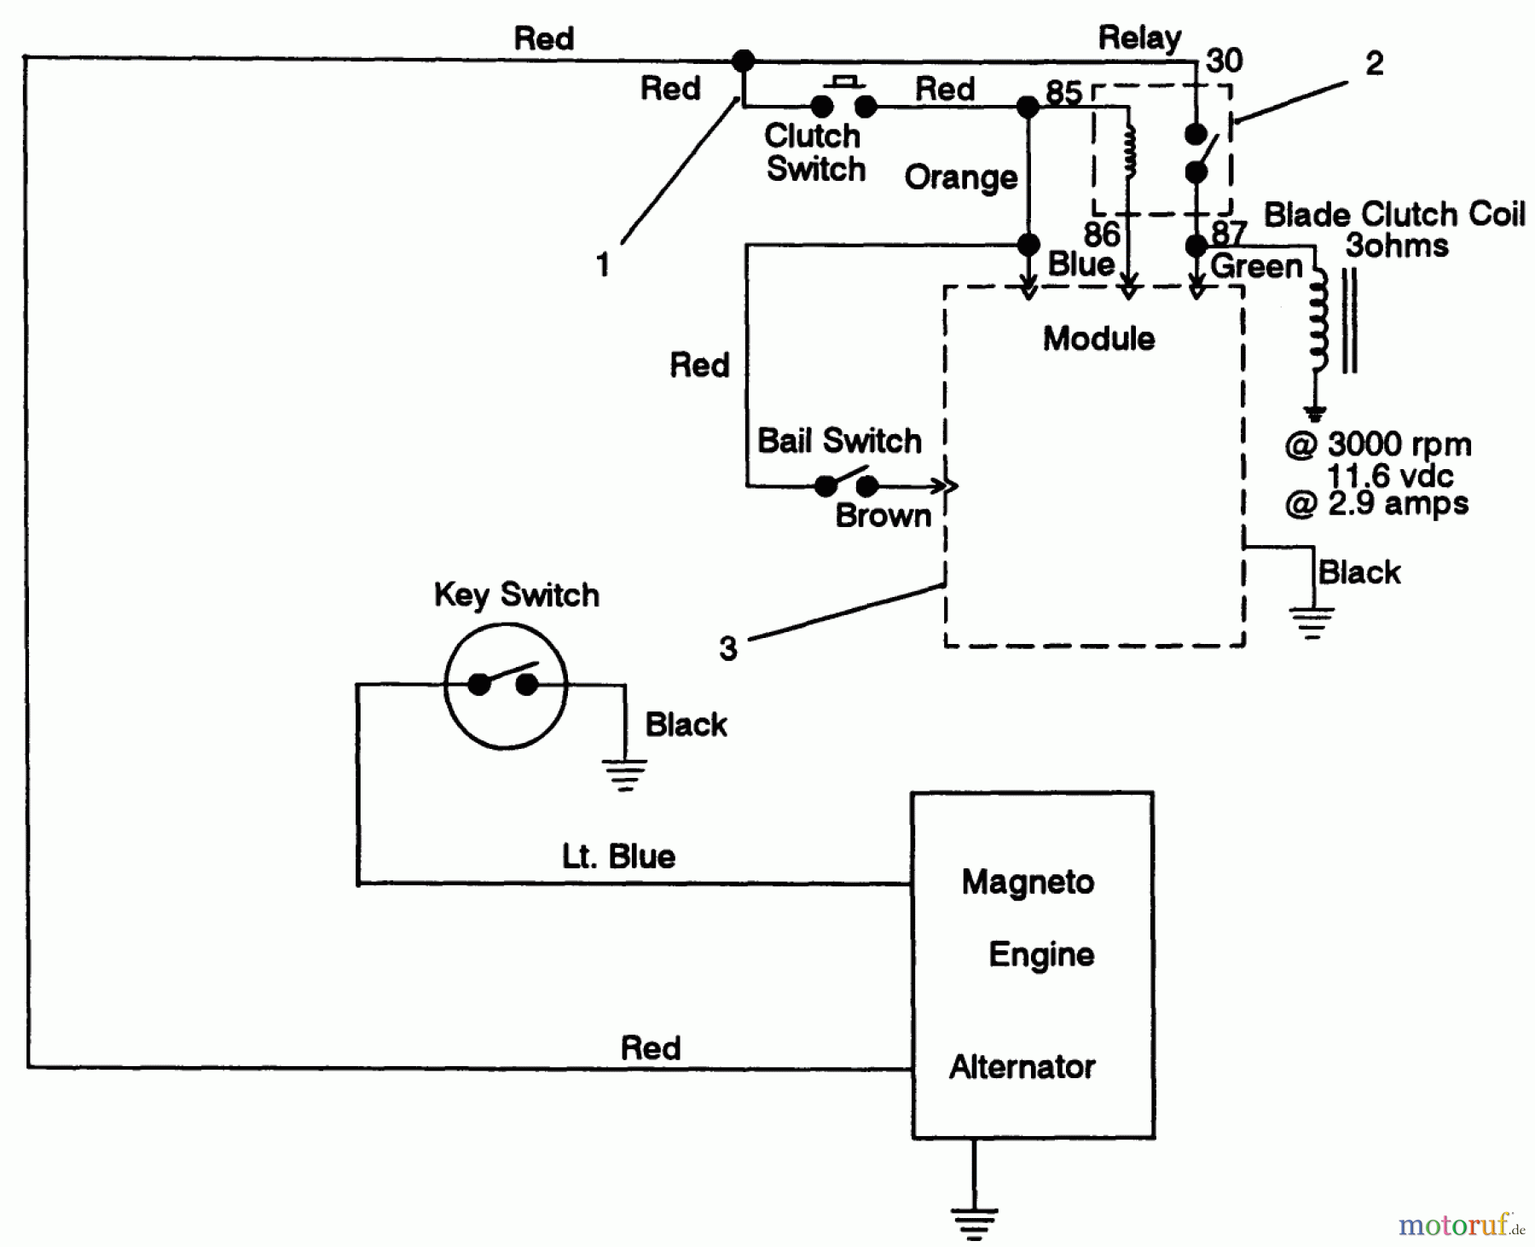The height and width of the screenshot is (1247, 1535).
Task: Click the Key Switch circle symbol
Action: point(505,686)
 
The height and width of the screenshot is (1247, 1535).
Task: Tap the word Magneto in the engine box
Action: point(1027,882)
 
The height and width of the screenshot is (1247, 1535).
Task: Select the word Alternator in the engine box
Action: point(1022,1067)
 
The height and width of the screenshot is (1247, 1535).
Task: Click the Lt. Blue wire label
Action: point(618,856)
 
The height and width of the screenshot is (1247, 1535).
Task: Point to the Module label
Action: point(1098,339)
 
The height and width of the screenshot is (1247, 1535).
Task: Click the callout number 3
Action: point(727,649)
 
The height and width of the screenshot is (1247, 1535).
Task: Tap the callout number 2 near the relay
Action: point(1374,63)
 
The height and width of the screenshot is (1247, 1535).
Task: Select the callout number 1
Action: point(603,264)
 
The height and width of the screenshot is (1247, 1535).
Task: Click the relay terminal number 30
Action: point(1225,61)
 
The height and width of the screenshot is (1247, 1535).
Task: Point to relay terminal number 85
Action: point(1063,92)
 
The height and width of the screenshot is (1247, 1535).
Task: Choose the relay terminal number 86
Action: point(1101,234)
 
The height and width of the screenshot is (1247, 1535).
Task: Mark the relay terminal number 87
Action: point(1229,233)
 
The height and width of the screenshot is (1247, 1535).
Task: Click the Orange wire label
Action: point(960,177)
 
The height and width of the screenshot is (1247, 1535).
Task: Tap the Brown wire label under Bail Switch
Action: point(883,516)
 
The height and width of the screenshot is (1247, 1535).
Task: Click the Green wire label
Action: point(1255,266)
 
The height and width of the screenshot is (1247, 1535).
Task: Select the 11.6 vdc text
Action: point(1389,475)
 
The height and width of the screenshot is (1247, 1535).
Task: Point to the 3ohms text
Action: point(1396,246)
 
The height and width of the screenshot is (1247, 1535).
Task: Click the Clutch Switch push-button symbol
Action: point(843,99)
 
